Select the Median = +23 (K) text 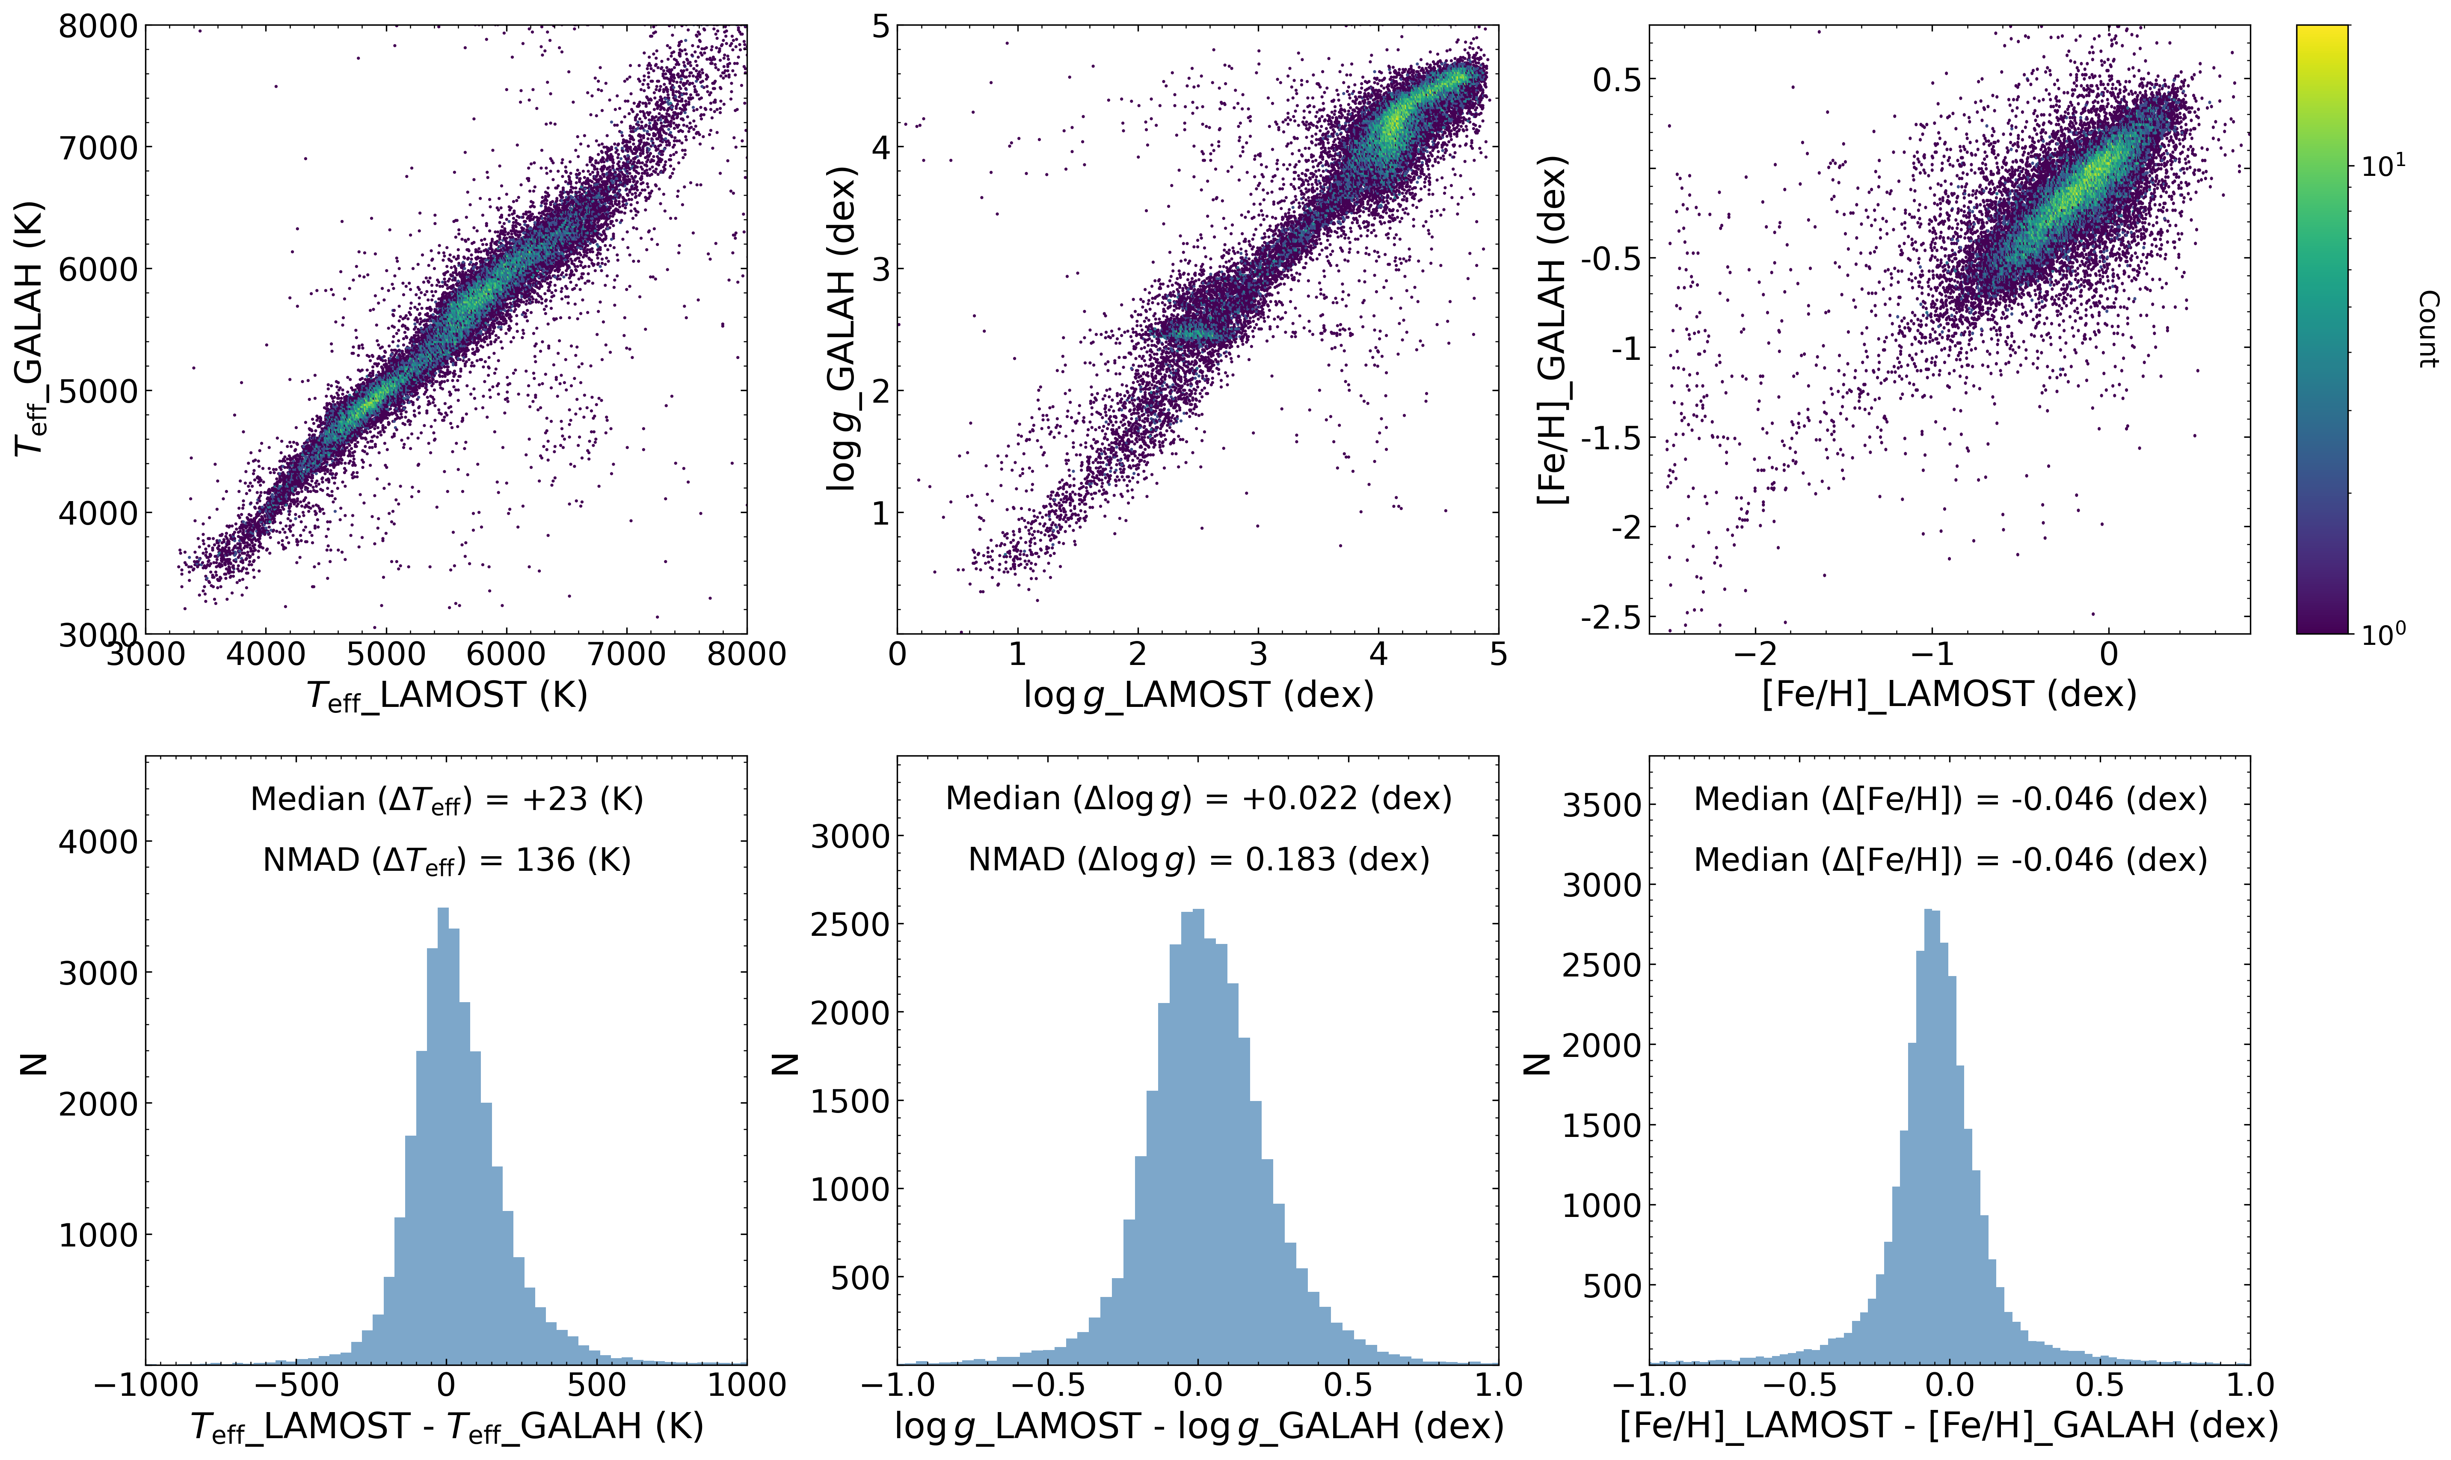447,799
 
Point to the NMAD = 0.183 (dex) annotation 1198,860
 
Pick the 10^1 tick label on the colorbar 2383,165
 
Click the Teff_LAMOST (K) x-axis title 447,696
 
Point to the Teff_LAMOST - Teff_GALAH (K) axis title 447,1427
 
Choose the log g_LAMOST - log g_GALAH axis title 1198,1427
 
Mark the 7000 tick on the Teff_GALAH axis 98,148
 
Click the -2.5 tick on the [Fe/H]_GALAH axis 1610,618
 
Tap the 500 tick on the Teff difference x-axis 597,1385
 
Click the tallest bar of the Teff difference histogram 443,1131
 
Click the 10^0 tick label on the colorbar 2383,632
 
